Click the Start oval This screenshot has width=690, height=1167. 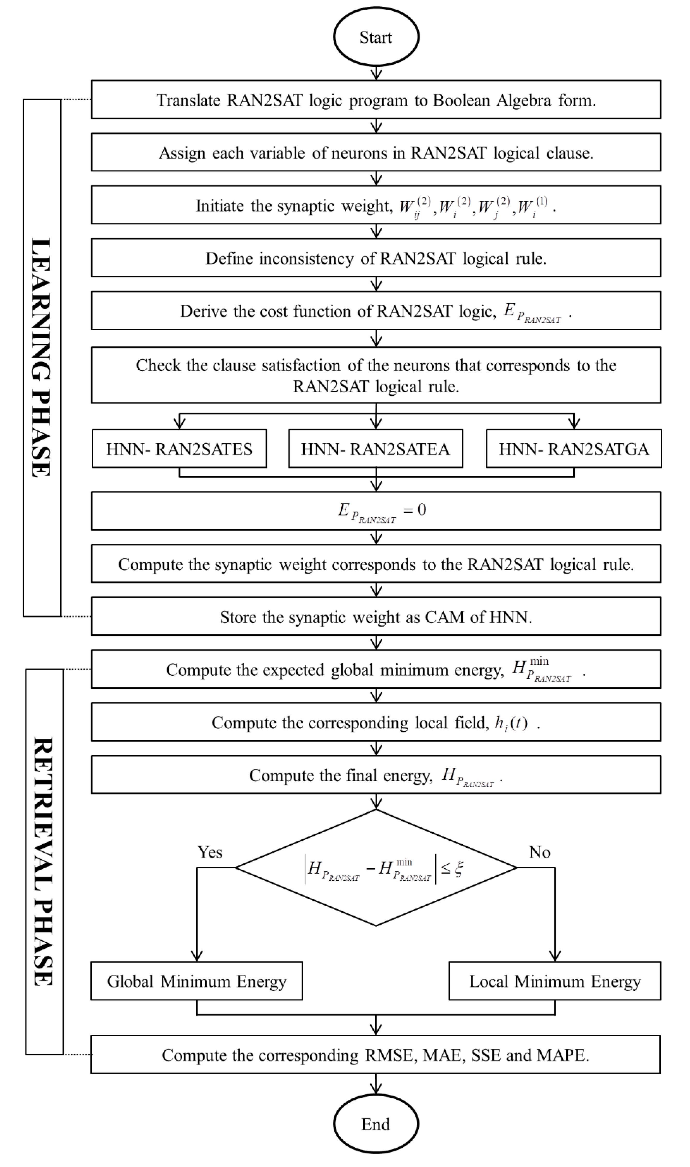(376, 37)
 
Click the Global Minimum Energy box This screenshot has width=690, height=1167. (197, 981)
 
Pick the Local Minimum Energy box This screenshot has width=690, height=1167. (555, 981)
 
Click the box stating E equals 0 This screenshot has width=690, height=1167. (376, 511)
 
